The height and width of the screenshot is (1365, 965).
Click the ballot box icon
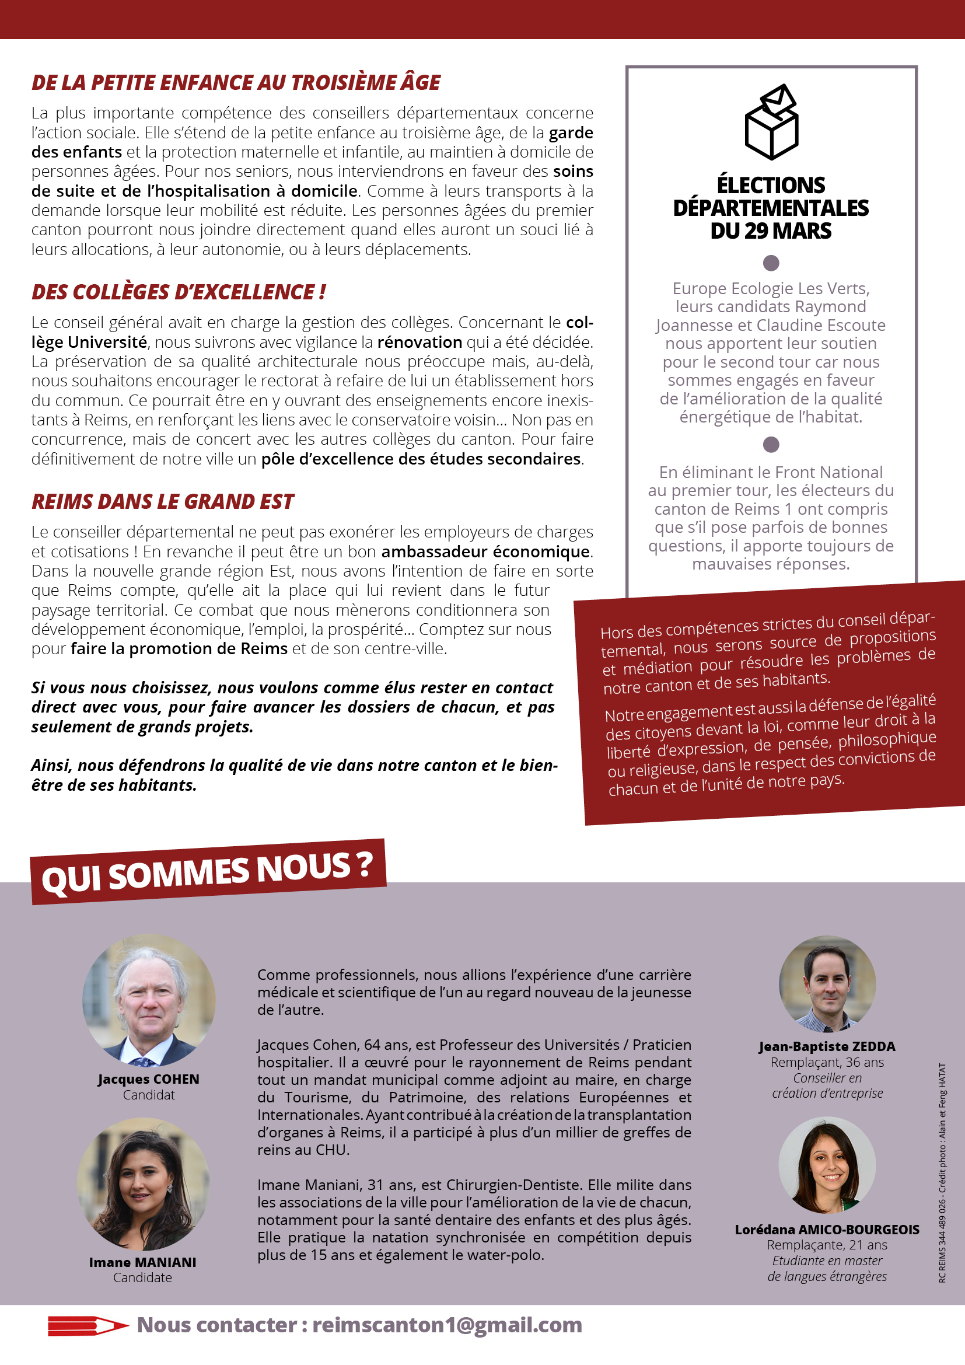771,122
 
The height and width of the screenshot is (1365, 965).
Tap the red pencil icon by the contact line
88,1326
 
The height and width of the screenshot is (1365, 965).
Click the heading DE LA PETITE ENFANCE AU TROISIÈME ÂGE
236,83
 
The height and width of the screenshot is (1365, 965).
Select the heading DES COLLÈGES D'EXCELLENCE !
179,292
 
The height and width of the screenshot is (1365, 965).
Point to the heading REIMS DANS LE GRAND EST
162,502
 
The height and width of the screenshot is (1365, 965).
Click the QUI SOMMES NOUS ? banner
207,872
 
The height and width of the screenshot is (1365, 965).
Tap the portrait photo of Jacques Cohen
149,1000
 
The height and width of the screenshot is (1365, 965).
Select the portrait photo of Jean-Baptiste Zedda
827,984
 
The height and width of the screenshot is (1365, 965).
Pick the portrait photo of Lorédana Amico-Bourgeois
827,1165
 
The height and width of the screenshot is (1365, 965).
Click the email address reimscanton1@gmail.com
447,1325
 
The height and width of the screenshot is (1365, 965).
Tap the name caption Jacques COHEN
149,1079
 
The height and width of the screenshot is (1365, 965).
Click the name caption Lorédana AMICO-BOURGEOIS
827,1230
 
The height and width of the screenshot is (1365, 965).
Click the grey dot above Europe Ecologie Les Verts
771,263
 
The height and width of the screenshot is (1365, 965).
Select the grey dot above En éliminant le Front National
771,444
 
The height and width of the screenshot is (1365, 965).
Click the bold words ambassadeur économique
485,551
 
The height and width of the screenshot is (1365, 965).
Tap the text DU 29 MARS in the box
771,231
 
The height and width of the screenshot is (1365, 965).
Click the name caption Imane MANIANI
142,1262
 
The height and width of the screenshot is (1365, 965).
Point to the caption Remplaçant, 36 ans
827,1062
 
